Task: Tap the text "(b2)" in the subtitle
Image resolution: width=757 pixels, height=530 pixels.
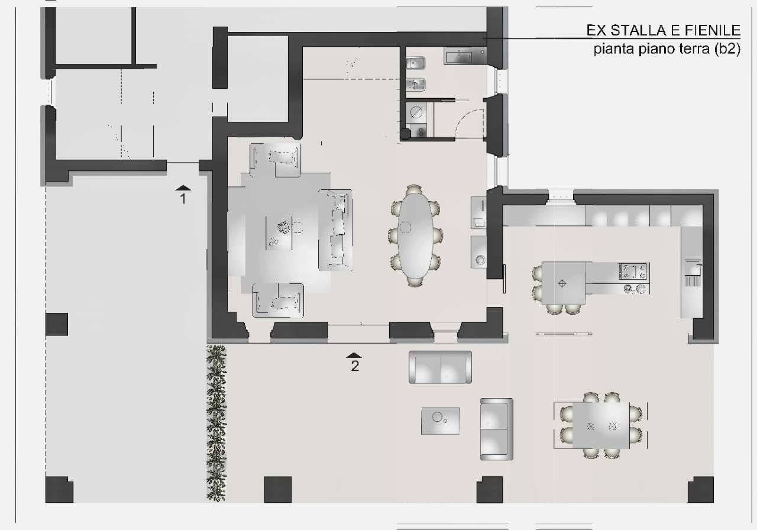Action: [727, 49]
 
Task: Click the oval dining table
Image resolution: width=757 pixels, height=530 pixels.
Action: [415, 236]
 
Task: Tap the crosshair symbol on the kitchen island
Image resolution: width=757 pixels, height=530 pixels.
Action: [562, 283]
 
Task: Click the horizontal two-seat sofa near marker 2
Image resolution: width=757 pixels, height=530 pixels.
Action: [440, 367]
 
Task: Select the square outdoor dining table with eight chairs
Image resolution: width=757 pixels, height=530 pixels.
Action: [601, 425]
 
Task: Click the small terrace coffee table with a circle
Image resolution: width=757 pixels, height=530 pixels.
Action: [440, 421]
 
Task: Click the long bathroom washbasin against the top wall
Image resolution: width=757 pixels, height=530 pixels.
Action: [465, 56]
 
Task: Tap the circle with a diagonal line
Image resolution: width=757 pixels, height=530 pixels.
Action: [416, 112]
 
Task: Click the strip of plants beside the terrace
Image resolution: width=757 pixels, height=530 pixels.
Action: [216, 422]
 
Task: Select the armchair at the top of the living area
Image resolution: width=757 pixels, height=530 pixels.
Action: [275, 160]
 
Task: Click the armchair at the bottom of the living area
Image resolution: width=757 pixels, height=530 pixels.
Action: [278, 300]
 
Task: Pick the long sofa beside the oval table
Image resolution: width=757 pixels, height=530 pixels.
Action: [335, 230]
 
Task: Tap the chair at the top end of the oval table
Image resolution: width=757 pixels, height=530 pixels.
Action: [414, 190]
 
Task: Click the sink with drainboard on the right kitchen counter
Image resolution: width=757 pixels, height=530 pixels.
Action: [693, 272]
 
